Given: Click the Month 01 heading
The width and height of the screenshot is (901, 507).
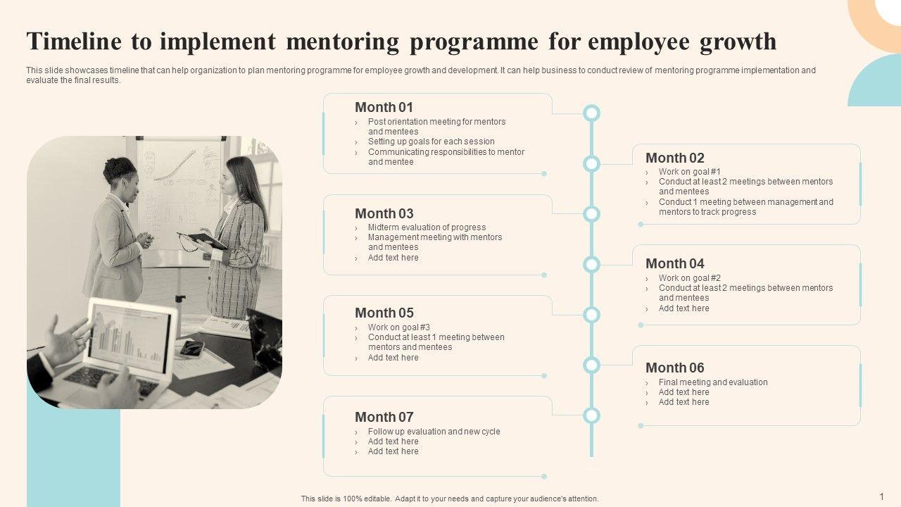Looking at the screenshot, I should coord(384,108).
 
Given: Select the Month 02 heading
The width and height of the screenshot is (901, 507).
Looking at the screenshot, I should coord(674,158).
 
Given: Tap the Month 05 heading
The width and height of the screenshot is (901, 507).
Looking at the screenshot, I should coord(384,313).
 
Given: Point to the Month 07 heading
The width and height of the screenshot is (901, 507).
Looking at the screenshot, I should coord(384,417).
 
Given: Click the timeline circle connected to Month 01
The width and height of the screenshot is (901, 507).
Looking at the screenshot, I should coord(591,113).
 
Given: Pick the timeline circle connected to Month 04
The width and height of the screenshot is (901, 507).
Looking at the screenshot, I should coord(591,265).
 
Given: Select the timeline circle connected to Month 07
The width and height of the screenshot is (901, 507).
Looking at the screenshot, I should coord(591,415).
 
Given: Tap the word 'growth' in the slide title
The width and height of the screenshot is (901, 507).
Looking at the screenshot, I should coord(738,42).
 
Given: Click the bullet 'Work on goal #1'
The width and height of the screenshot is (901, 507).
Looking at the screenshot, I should coord(689,172).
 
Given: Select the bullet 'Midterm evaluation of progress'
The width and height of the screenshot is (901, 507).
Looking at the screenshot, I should coord(427,227).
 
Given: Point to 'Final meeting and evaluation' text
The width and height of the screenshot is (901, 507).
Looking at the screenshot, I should coord(713,382).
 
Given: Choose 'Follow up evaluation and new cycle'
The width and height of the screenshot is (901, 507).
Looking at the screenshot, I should coord(434,432).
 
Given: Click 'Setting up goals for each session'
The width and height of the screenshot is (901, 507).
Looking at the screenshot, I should coord(431,142).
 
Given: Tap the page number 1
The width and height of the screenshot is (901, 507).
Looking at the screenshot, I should coord(881,496).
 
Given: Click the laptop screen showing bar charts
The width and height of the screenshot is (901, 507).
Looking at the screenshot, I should coord(132,337).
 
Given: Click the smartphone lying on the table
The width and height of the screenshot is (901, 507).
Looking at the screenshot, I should coord(191,348).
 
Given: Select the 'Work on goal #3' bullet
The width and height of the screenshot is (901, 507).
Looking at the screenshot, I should coord(398,327).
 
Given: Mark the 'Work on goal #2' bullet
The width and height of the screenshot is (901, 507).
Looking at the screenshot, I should coord(689,278).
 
